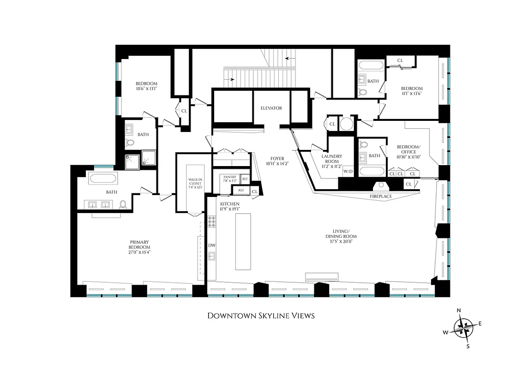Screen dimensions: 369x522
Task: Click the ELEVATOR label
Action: [x=271, y=108]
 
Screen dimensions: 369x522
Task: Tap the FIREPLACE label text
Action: [x=381, y=196]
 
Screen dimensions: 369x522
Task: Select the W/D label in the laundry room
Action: [x=348, y=172]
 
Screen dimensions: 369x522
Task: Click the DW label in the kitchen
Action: [x=212, y=245]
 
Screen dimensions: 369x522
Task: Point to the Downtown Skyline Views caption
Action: [x=261, y=316]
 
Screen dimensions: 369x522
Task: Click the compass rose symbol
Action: [x=464, y=328]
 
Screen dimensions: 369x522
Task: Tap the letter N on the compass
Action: [x=459, y=310]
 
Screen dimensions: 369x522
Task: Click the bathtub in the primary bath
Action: [x=103, y=179]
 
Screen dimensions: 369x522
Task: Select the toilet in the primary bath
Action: [x=123, y=204]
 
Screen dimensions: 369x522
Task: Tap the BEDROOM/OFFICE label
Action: [x=406, y=152]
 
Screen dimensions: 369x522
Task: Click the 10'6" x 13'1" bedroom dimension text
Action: [x=146, y=89]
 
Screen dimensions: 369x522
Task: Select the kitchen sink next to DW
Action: [x=212, y=257]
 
